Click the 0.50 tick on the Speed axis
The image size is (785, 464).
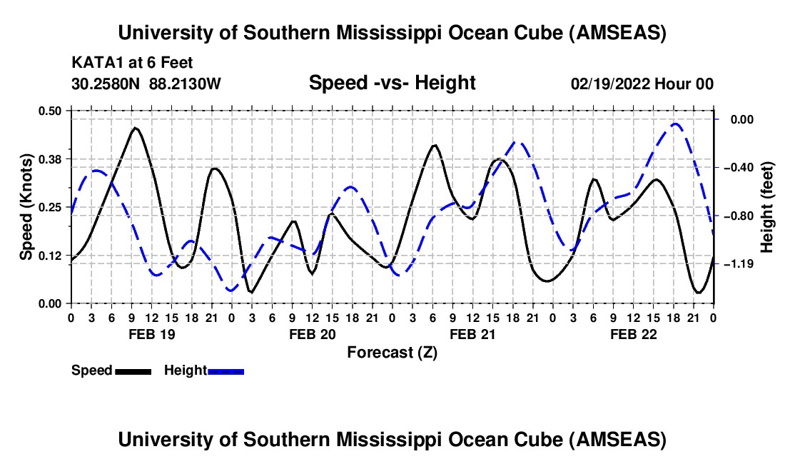[x=51, y=111]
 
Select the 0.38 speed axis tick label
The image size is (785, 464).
[x=51, y=158]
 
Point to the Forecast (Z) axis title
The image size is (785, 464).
[x=392, y=352]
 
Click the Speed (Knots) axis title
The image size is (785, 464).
[x=26, y=207]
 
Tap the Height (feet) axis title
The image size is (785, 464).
[x=767, y=207]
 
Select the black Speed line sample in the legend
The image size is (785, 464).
[x=133, y=371]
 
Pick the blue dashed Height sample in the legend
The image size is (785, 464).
[x=226, y=371]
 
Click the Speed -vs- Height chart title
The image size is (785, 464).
[x=392, y=84]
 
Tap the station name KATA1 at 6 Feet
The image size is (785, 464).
[x=132, y=64]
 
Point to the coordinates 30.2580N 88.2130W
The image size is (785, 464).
[x=146, y=84]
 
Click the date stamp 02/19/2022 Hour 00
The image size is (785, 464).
[x=642, y=84]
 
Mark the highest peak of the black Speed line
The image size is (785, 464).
[x=135, y=128]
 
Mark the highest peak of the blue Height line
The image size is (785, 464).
[x=675, y=123]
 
